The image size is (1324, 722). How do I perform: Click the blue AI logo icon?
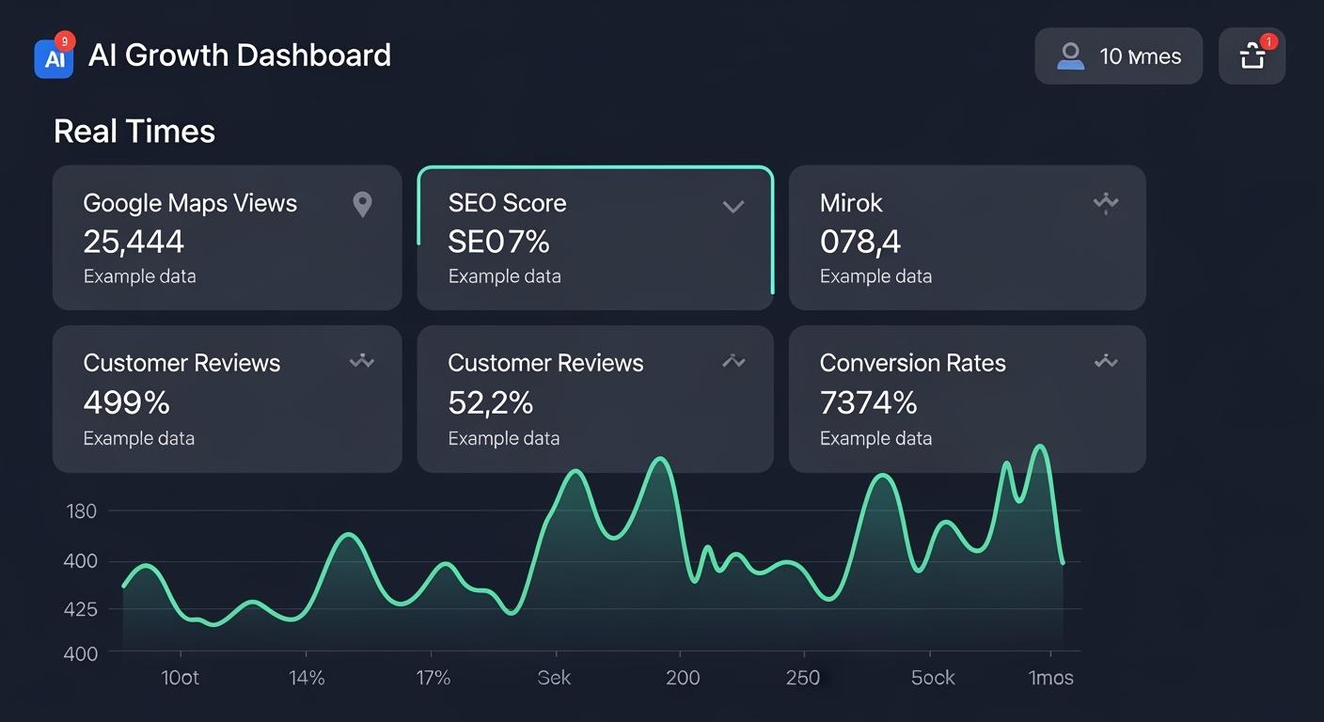(54, 58)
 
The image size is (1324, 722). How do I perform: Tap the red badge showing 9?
(64, 40)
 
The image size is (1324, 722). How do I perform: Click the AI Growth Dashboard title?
(240, 55)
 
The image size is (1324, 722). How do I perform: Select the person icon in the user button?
(1070, 56)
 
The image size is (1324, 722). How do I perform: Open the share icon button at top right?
(1252, 56)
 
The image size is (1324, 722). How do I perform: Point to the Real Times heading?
(134, 132)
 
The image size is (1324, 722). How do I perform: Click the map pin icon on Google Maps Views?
(362, 204)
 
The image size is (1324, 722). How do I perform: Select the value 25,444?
(134, 243)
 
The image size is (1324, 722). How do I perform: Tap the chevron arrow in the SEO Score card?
(733, 206)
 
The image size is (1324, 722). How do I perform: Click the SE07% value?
(498, 243)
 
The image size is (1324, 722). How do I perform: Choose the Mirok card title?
(851, 203)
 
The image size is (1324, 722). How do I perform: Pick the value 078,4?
(860, 243)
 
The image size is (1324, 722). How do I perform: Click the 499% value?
(126, 403)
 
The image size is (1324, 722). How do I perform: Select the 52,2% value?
(490, 403)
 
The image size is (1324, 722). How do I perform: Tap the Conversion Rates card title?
(912, 364)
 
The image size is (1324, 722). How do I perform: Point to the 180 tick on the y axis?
(82, 511)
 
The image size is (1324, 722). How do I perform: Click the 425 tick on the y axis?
(81, 609)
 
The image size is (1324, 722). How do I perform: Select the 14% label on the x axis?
(307, 678)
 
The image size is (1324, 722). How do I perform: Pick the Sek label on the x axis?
(554, 678)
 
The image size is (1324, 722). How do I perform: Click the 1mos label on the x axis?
(1050, 678)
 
